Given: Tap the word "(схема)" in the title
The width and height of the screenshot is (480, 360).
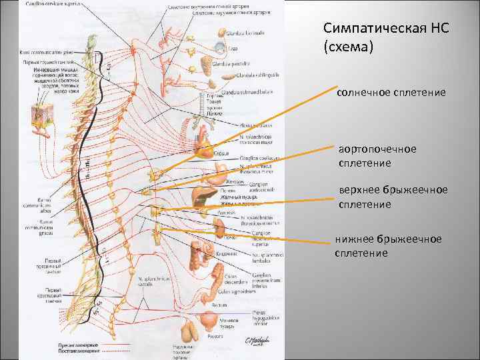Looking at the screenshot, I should tap(345, 48).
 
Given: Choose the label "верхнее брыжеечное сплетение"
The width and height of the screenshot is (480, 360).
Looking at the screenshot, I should tap(393, 197).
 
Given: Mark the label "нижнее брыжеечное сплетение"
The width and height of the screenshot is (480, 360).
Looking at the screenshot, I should tap(389, 245).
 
